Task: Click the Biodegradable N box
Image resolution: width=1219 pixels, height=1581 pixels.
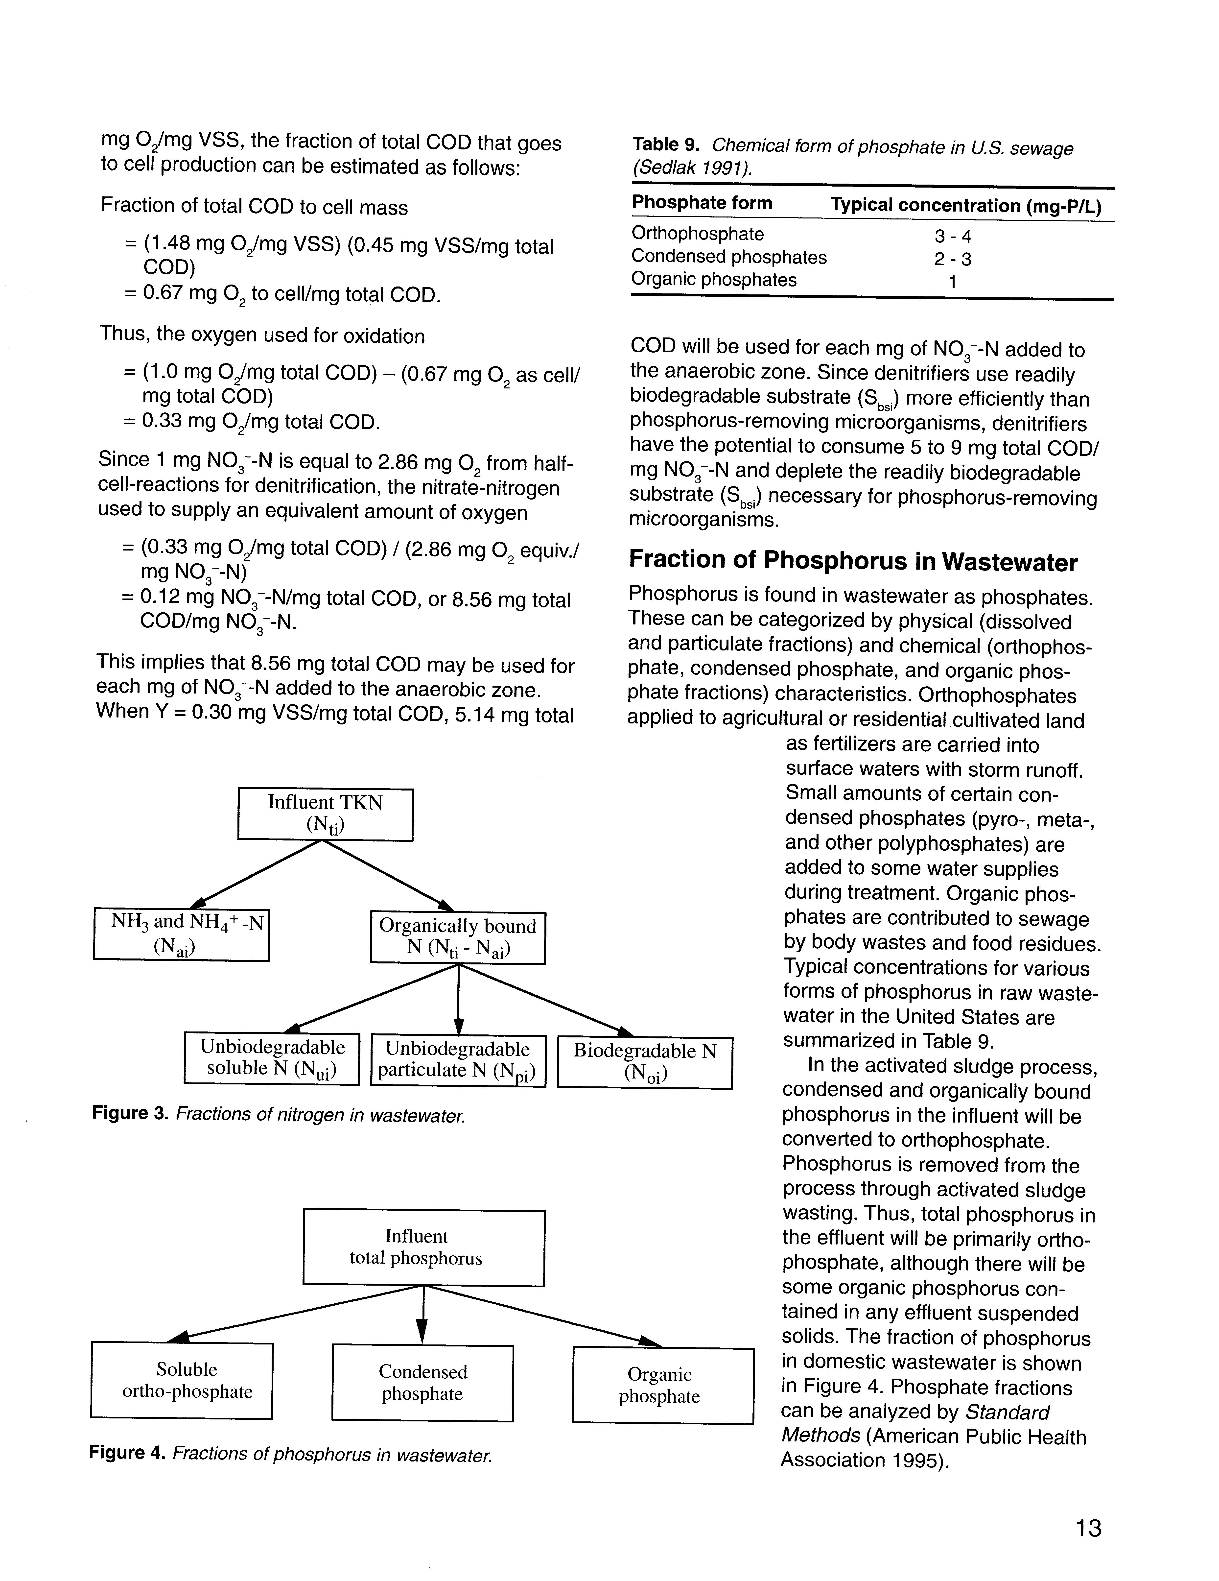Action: coord(645,1062)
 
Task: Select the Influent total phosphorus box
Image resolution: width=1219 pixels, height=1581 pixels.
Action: coord(423,1246)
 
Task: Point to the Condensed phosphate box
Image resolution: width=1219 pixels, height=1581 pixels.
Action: coord(423,1383)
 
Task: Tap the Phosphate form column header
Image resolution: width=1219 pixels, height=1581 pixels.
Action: coord(702,203)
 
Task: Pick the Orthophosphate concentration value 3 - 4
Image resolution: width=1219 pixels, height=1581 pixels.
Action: coord(953,236)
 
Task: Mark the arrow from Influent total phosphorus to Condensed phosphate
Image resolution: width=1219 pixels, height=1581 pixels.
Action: coord(423,1314)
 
